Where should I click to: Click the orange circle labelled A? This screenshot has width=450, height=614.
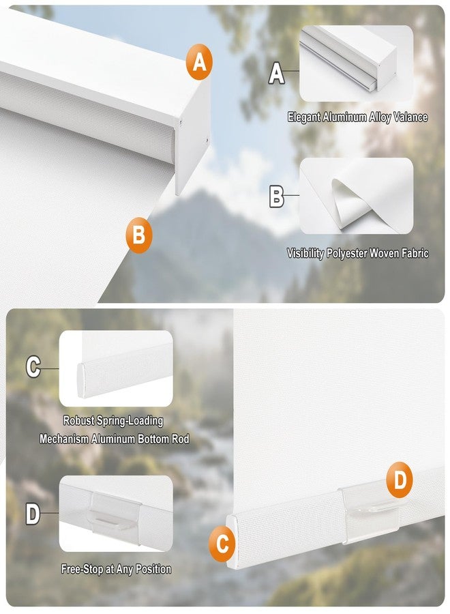199,62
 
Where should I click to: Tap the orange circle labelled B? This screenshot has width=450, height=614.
139,235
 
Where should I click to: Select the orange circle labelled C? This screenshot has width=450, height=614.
222,544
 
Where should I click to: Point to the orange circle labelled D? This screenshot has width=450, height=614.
400,480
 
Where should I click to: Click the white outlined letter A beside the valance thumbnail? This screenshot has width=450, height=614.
276,73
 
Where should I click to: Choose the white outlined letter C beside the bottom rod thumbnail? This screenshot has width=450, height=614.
33,367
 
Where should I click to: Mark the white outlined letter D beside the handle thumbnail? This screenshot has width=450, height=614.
33,514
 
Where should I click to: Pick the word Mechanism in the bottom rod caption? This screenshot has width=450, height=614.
64,439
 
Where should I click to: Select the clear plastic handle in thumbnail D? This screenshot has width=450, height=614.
116,513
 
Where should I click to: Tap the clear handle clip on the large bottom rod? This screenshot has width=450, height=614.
370,512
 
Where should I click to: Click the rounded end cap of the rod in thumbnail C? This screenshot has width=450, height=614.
80,381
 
